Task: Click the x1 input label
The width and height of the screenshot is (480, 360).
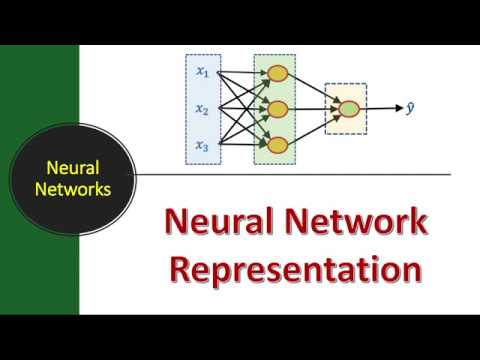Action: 202,71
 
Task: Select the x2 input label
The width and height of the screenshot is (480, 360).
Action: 202,109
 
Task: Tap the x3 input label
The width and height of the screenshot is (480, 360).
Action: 202,146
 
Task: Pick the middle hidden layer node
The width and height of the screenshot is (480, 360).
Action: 277,109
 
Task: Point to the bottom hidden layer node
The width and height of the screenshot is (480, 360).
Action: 277,146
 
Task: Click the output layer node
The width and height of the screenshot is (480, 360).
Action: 347,109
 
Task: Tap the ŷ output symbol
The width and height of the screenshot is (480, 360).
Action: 410,104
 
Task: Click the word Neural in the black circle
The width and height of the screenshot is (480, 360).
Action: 69,169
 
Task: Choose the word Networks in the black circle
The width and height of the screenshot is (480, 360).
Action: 69,187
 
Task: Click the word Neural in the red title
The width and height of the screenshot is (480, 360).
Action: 214,222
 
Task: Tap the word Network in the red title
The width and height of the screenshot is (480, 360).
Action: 350,222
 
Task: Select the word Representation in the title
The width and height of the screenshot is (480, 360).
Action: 295,268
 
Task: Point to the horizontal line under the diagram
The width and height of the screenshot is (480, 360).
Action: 300,175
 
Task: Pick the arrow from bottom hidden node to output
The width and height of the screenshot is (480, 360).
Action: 312,128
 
